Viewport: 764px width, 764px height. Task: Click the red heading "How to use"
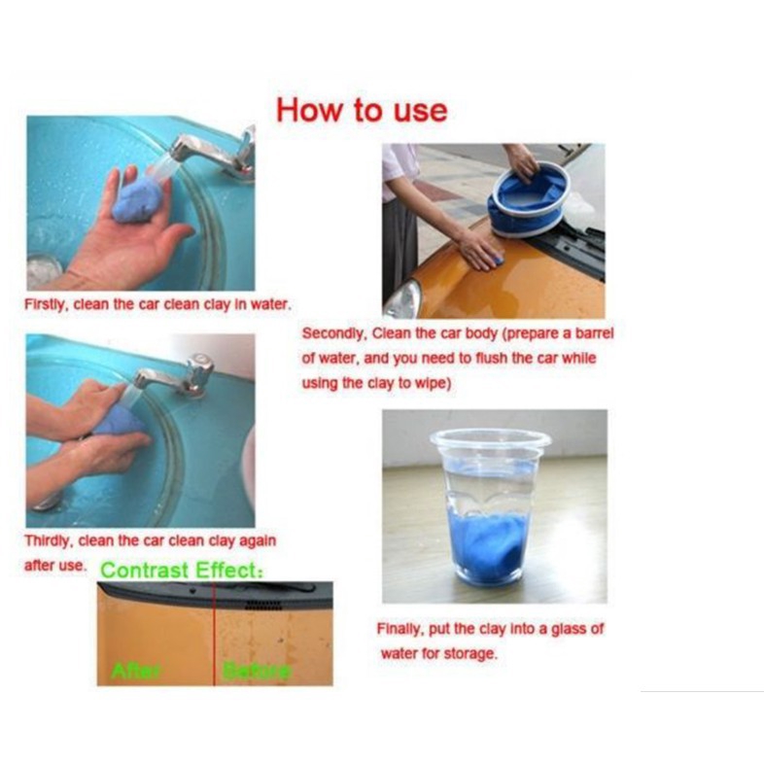362,110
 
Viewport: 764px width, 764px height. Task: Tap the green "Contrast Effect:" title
181,570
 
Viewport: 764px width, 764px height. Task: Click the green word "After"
135,671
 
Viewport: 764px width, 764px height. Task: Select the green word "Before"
257,671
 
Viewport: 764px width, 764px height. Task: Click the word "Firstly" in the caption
44,305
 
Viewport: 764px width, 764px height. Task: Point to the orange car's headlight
403,299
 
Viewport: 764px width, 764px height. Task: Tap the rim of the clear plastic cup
490,437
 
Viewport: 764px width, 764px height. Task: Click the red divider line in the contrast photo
215,634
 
